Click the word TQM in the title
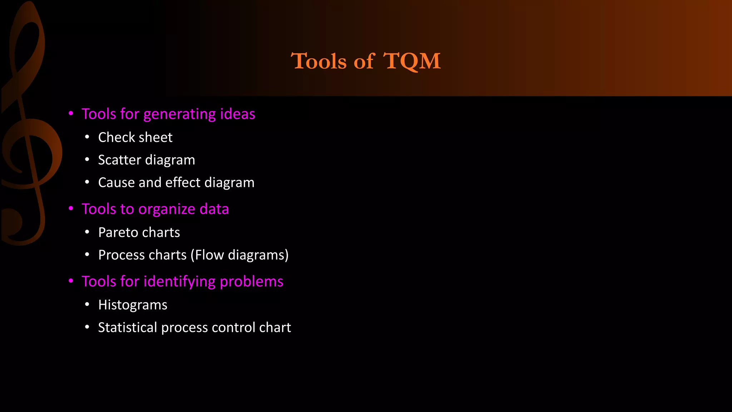click(x=412, y=61)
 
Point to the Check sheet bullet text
click(x=135, y=137)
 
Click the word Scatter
click(x=119, y=160)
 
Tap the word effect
click(x=183, y=182)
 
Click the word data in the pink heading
click(x=214, y=209)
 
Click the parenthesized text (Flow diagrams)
click(x=239, y=255)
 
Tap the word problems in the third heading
click(x=251, y=282)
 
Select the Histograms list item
click(x=133, y=305)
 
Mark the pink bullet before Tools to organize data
click(x=71, y=208)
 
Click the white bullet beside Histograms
click(x=87, y=304)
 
